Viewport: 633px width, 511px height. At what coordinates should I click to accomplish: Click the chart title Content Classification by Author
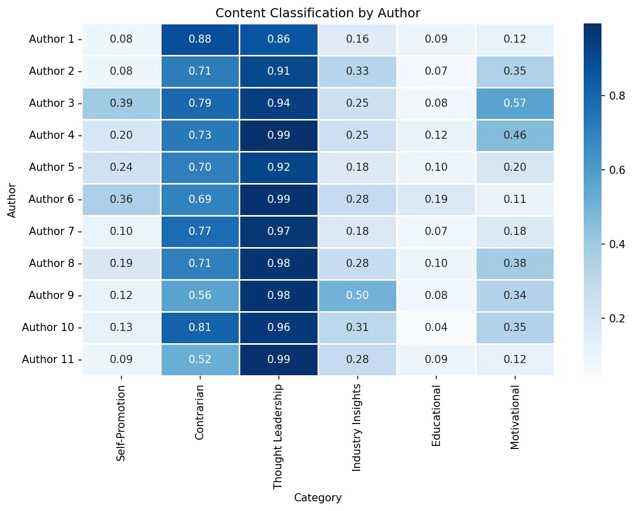pos(318,13)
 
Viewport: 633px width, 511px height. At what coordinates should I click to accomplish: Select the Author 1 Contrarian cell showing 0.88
pos(200,39)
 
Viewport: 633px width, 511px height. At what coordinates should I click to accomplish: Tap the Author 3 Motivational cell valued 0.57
pos(515,103)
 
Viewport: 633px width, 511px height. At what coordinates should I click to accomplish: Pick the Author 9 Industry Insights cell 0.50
pos(357,295)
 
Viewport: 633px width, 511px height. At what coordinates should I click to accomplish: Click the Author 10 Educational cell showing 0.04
pos(436,327)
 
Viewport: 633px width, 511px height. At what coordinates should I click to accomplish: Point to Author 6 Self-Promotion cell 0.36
pos(121,199)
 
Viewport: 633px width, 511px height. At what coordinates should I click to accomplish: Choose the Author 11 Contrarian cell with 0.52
pos(200,359)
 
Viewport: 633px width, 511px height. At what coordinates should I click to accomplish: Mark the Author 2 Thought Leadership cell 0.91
pos(278,71)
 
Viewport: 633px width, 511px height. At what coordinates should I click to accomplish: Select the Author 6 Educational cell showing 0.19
pos(436,199)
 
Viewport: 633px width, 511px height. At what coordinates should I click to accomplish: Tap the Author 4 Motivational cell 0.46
pos(515,135)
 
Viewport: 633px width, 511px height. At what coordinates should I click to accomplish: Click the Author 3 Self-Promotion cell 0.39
pos(121,103)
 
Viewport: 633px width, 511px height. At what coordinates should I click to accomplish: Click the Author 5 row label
pos(51,167)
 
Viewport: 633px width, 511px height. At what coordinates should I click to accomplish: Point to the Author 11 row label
pos(48,359)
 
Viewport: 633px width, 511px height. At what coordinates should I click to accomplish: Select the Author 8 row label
pos(51,263)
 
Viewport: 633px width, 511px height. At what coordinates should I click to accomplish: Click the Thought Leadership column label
pos(278,437)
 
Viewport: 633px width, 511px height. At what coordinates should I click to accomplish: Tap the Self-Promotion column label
pos(121,423)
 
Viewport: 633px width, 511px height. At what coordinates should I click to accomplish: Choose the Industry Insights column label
pos(357,428)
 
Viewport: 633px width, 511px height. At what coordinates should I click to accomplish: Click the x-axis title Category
pos(318,498)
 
